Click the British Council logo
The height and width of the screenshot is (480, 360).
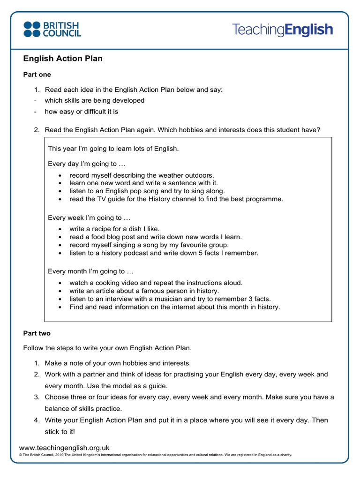(x=52, y=29)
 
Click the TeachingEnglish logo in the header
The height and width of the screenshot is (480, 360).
(x=283, y=30)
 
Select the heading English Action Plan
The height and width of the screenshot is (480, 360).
(x=63, y=59)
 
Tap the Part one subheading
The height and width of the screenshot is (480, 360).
(x=37, y=75)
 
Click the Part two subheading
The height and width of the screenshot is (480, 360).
(x=37, y=333)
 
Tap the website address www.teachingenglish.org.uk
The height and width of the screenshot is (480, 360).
(x=64, y=448)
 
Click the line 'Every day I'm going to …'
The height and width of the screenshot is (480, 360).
(x=87, y=164)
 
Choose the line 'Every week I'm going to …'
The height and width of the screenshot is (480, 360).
(x=89, y=218)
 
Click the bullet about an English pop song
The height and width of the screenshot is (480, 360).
(x=147, y=191)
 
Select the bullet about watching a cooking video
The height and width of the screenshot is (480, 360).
(x=156, y=283)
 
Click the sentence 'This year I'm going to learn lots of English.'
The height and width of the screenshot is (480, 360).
(x=113, y=149)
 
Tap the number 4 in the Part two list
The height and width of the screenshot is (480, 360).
(x=36, y=420)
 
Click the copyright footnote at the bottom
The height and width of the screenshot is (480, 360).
(x=155, y=455)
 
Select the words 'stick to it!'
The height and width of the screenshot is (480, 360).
(x=60, y=432)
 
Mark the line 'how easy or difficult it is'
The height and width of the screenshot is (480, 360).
(x=82, y=112)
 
